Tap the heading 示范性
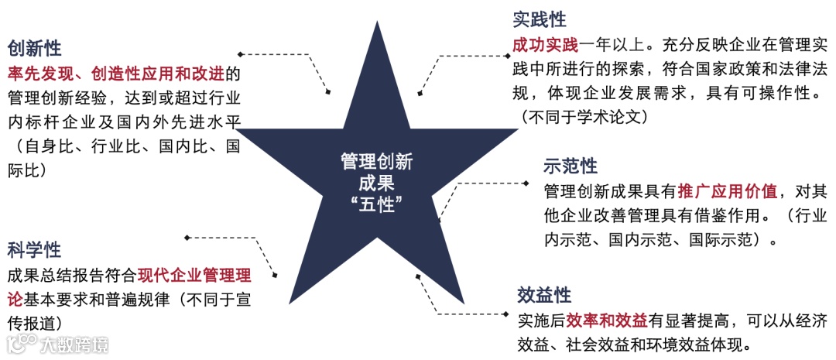(x=571, y=166)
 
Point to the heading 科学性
(x=34, y=249)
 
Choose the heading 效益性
(x=544, y=295)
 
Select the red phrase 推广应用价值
(x=728, y=191)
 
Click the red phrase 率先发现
(x=39, y=74)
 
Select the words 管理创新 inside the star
(x=377, y=162)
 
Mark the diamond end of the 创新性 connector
(x=241, y=54)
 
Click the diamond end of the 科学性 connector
(x=187, y=237)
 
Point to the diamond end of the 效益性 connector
(x=439, y=314)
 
